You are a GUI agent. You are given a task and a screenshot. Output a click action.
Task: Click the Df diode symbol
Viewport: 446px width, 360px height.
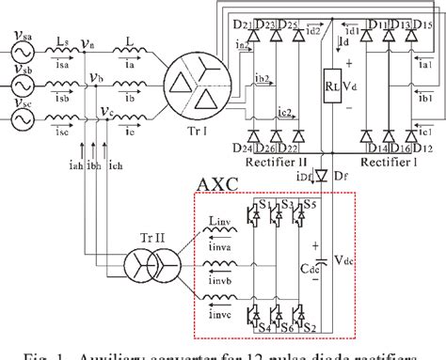pos(322,175)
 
